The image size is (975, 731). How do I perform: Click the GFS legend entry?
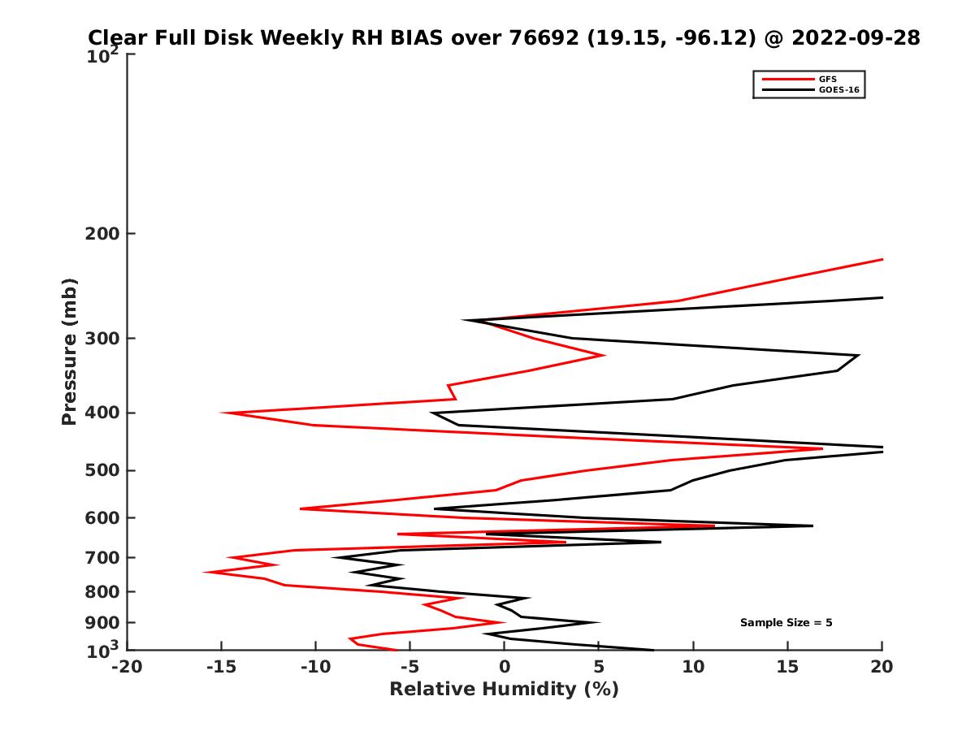click(x=828, y=79)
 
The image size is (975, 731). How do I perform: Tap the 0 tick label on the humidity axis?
click(x=504, y=667)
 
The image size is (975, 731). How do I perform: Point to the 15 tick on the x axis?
click(x=787, y=667)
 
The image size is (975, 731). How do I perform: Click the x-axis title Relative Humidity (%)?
click(x=504, y=690)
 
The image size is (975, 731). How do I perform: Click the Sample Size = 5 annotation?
click(x=786, y=623)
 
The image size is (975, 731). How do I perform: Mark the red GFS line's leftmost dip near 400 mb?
click(x=223, y=413)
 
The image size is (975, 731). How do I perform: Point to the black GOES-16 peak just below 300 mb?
click(x=858, y=355)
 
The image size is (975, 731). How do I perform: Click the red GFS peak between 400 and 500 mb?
click(x=821, y=448)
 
